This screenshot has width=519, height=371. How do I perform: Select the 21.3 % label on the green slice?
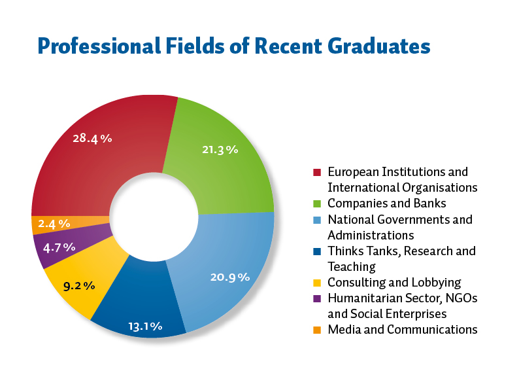[x=220, y=149]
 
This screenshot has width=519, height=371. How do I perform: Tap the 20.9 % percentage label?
[x=230, y=277]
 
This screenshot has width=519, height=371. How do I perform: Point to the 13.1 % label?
[x=144, y=325]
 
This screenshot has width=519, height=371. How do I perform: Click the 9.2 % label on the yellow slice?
[x=79, y=285]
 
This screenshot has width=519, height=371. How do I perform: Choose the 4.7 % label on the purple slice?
[x=59, y=247]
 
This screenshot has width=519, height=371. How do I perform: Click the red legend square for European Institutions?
[x=318, y=173]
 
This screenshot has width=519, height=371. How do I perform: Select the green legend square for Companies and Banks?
[x=318, y=204]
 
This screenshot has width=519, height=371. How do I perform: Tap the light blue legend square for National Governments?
[x=318, y=220]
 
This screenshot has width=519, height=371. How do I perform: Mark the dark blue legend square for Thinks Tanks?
[x=318, y=251]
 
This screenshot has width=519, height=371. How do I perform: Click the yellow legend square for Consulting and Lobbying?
[x=318, y=283]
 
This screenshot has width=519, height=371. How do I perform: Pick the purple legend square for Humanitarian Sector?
[x=318, y=298]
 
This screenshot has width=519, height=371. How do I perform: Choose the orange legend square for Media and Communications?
[x=318, y=330]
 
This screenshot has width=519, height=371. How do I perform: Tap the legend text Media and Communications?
[x=403, y=329]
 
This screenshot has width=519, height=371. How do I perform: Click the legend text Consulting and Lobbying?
[x=394, y=282]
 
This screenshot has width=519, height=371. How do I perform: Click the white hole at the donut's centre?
[x=154, y=216]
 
